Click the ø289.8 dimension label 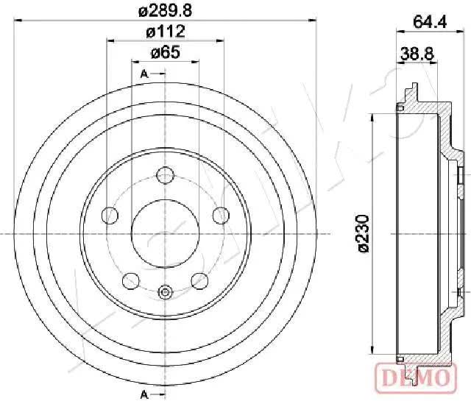165,11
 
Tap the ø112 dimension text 165,31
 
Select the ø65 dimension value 165,52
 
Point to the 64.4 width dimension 430,21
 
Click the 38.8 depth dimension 417,54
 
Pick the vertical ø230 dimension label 361,233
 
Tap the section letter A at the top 144,74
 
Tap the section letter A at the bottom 144,394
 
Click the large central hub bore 165,233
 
